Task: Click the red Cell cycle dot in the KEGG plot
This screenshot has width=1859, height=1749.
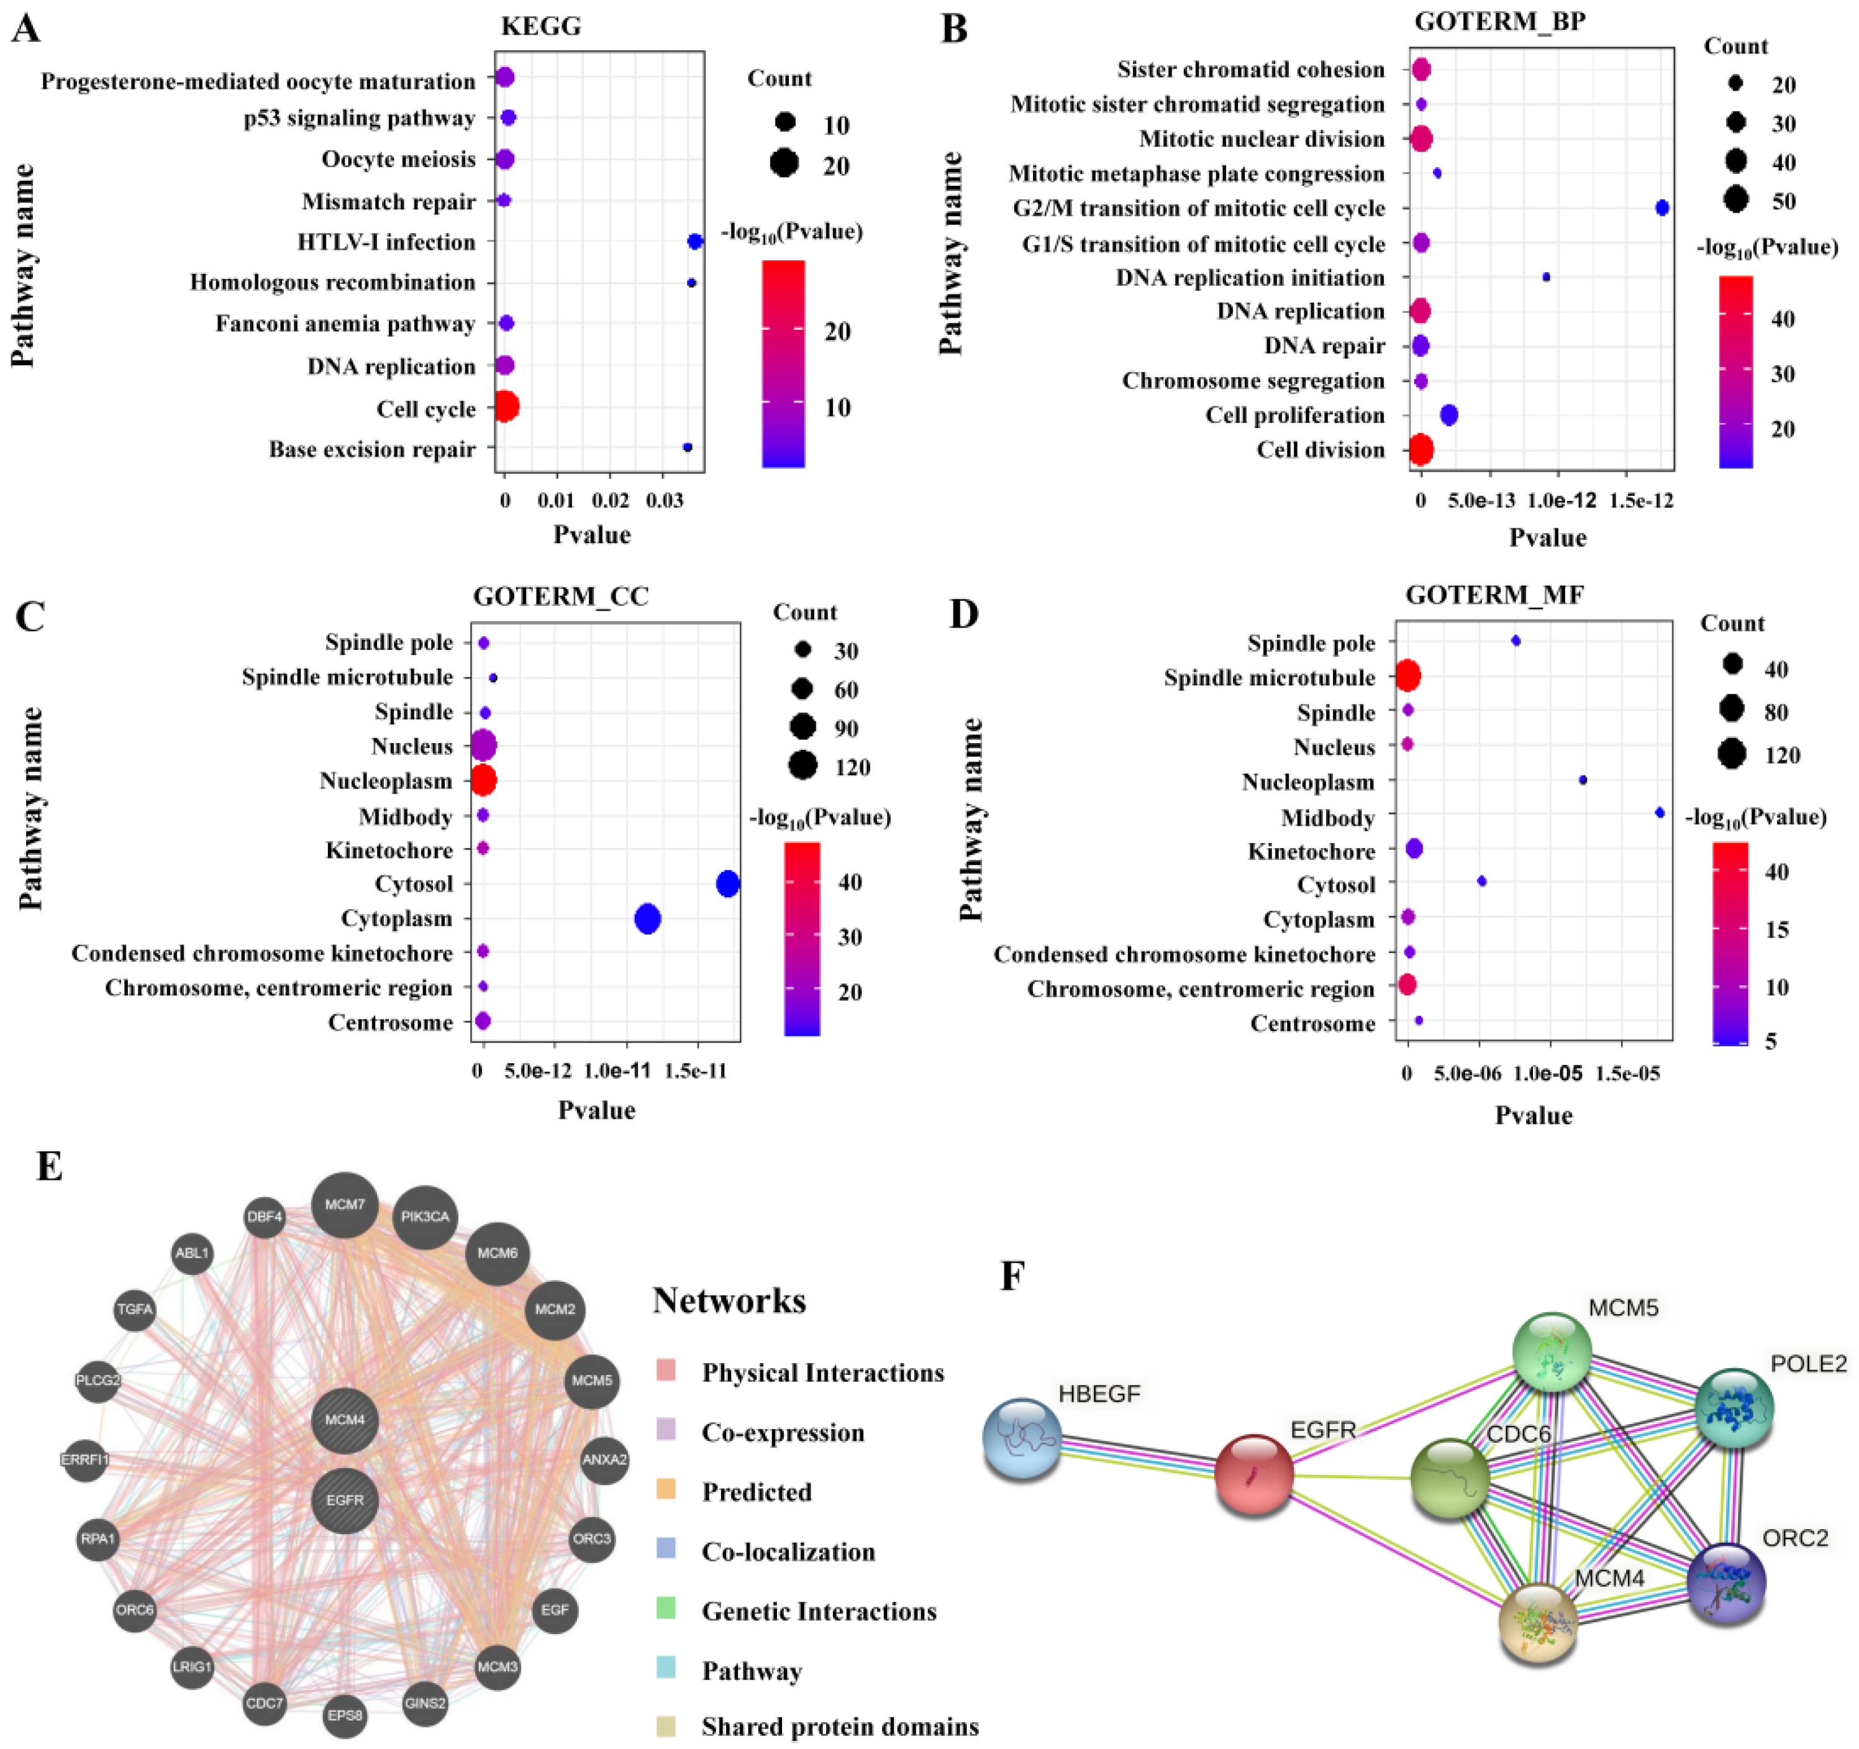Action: (x=506, y=407)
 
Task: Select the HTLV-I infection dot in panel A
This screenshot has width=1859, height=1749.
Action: (x=695, y=241)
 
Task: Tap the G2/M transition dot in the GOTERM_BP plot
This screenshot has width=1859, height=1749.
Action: (x=1661, y=208)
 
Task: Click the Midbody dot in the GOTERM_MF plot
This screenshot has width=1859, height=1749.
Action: (x=1660, y=813)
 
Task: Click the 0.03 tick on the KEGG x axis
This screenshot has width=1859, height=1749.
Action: (x=664, y=500)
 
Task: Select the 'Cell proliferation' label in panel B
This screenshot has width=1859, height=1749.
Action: (x=1294, y=415)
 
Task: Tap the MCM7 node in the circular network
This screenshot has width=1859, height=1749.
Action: (x=345, y=1205)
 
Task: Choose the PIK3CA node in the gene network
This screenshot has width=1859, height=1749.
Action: (x=425, y=1217)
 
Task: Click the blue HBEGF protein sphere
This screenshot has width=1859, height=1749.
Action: (x=1023, y=1438)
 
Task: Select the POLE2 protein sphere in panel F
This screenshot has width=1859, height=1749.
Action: (x=1735, y=1408)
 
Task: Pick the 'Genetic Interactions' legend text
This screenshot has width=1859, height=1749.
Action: (x=819, y=1612)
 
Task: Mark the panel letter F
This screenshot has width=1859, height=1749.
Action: (x=1012, y=1276)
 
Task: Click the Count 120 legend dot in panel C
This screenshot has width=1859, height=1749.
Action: (x=802, y=766)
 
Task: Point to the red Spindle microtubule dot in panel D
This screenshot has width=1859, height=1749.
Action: (x=1407, y=675)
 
